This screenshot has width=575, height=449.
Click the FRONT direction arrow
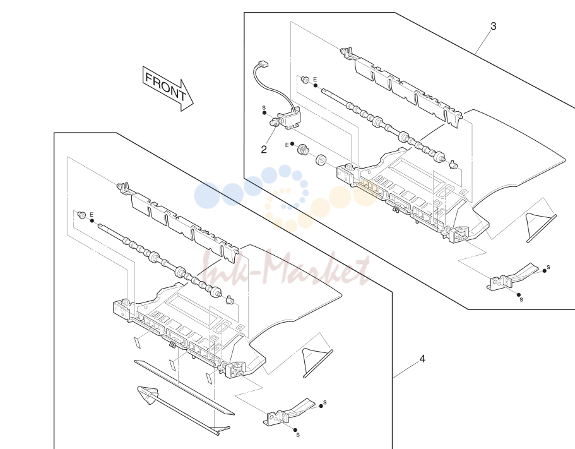click(x=168, y=88)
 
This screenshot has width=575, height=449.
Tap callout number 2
click(x=264, y=150)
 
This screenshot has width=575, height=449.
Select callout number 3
click(x=493, y=27)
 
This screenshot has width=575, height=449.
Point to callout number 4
click(x=422, y=359)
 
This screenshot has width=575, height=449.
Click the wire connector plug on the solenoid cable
click(x=263, y=64)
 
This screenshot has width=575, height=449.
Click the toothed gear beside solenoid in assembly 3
click(x=302, y=149)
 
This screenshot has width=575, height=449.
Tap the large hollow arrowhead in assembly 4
click(x=148, y=395)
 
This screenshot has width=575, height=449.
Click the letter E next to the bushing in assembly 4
click(x=92, y=215)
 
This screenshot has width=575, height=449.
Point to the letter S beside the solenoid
click(x=264, y=108)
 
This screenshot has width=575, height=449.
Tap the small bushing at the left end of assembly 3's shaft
click(x=304, y=79)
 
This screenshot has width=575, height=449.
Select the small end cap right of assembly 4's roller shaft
click(x=230, y=300)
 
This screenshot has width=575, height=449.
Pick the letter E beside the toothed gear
click(x=287, y=145)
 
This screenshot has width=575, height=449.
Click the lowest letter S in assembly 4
click(x=298, y=435)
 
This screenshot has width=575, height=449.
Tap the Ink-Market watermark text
click(x=286, y=270)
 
